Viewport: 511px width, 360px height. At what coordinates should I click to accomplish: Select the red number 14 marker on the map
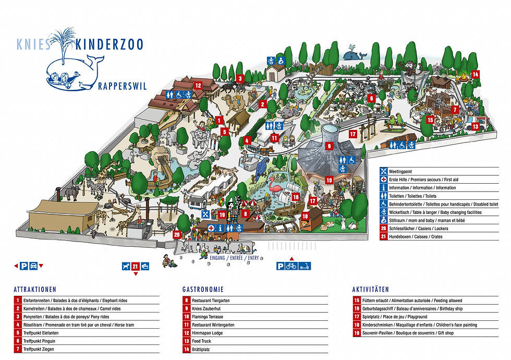pos(475,74)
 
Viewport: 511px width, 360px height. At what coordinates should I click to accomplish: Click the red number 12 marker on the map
pos(198,85)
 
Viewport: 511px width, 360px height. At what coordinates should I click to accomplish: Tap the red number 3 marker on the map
pos(240,79)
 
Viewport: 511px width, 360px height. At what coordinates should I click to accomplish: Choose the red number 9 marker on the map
pos(329,147)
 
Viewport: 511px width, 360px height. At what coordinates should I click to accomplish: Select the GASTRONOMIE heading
pos(203,289)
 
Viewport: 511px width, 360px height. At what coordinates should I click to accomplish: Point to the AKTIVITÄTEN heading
pos(370,289)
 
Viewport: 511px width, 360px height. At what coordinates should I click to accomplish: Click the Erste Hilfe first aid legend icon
pos(383,179)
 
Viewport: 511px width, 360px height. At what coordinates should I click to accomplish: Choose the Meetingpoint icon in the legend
pos(383,171)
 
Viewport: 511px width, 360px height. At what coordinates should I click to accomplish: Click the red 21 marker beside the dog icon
pos(136,266)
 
